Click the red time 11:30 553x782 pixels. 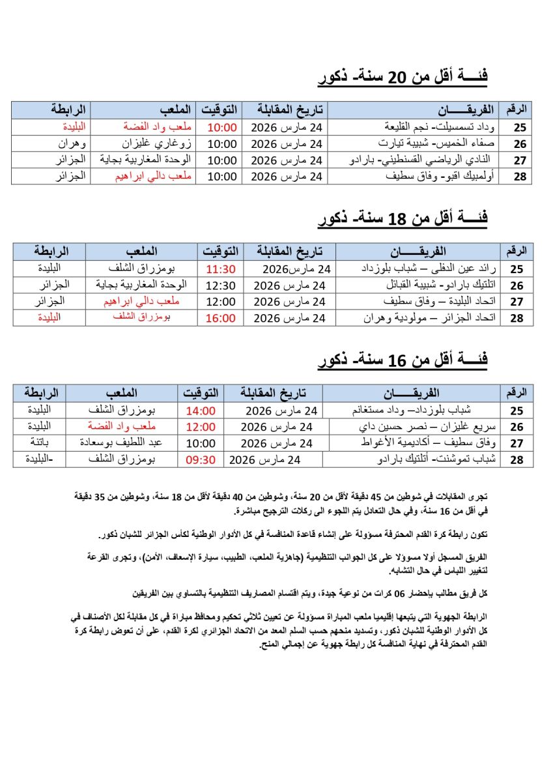pos(220,268)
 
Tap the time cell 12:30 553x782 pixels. pos(220,285)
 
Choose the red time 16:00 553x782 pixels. pos(220,318)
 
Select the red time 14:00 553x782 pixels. pos(200,411)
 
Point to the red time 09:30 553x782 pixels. pos(200,459)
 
